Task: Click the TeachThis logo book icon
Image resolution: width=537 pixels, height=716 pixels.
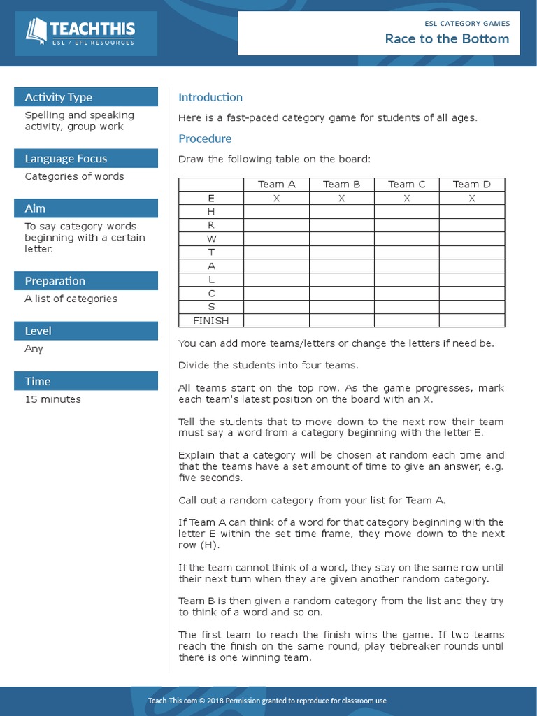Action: click(x=36, y=31)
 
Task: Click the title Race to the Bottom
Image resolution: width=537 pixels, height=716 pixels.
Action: click(x=447, y=39)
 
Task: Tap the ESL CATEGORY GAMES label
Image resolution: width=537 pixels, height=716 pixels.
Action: click(x=467, y=23)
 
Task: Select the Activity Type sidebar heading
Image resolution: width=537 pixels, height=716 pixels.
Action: click(x=59, y=97)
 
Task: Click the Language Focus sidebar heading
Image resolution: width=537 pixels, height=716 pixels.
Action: click(x=66, y=159)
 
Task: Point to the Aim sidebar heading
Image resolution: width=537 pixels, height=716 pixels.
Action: click(x=35, y=208)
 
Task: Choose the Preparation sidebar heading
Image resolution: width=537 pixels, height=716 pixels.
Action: click(x=55, y=281)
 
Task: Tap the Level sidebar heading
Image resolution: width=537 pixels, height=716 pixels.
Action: click(x=38, y=331)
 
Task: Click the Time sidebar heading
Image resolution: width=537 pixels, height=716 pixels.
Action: click(x=38, y=381)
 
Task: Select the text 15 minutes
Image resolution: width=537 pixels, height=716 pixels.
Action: click(x=53, y=399)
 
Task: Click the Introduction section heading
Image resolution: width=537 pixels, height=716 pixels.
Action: click(x=210, y=97)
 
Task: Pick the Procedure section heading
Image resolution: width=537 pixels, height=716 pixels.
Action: click(x=205, y=138)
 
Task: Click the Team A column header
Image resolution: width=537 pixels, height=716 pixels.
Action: click(x=276, y=185)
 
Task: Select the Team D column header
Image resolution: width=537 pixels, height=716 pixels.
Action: click(x=471, y=185)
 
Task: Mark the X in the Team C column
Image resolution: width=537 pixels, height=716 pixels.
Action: click(x=406, y=199)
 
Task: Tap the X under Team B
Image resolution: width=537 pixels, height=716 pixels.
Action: click(x=341, y=199)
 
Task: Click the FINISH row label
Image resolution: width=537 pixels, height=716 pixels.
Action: click(x=211, y=321)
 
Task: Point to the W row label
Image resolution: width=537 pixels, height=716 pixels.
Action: click(x=211, y=239)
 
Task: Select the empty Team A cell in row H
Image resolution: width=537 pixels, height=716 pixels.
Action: click(x=276, y=212)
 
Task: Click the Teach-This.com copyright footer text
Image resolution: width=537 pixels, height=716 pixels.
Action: click(x=268, y=701)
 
